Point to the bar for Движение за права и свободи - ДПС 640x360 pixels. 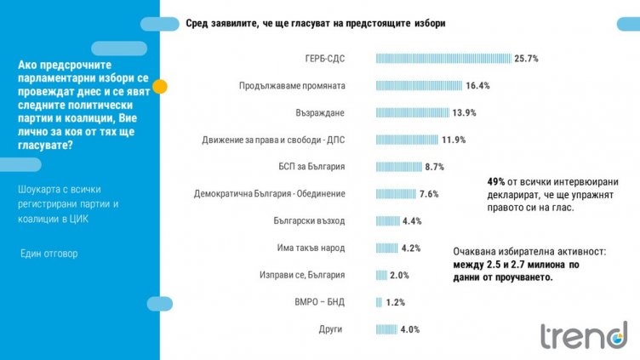point(407,140)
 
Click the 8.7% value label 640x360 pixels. point(434,167)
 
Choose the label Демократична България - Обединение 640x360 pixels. point(270,194)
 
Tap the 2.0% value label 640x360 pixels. point(399,275)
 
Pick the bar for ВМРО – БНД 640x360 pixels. point(379,302)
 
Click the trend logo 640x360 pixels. point(583,335)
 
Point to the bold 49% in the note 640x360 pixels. point(496,182)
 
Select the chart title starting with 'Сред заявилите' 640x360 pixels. point(315,22)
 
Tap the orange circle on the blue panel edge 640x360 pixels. point(159,86)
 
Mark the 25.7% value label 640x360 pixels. point(526,59)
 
